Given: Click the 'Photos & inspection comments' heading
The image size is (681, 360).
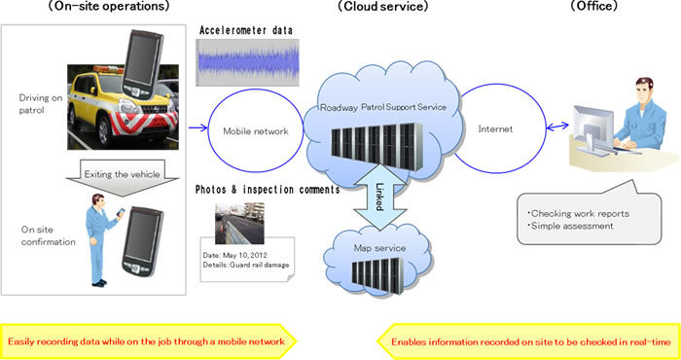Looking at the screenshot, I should click(268, 190).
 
